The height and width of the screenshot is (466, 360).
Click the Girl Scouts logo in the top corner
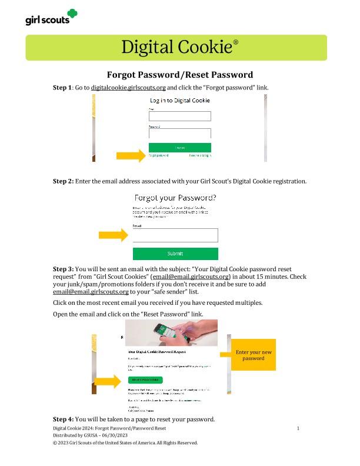51,18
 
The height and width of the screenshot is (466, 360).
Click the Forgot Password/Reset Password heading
180,75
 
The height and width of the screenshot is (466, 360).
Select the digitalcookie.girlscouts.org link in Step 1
128,88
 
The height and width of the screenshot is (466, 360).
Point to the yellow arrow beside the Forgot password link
130,156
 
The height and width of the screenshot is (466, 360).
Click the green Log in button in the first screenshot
179,147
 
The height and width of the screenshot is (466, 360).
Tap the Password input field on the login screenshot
179,133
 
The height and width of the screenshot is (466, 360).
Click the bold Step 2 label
63,181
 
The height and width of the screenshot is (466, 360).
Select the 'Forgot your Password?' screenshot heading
175,198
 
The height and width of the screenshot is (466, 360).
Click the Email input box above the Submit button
175,235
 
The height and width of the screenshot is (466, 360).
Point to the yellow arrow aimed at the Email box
112,235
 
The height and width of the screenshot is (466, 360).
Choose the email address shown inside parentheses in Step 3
190,276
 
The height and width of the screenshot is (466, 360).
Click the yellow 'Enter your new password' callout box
254,355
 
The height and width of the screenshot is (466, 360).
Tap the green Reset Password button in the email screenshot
145,380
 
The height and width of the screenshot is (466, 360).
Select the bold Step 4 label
63,419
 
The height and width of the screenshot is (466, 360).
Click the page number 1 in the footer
298,428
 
